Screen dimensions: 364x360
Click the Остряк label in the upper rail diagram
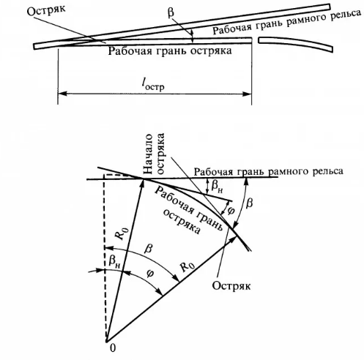click(46, 10)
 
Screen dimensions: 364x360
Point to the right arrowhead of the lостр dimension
click(246, 94)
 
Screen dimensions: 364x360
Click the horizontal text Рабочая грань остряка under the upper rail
click(170, 51)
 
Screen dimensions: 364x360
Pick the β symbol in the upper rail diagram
click(171, 12)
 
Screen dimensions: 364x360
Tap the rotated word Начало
click(148, 154)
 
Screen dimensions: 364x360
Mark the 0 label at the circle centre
click(113, 348)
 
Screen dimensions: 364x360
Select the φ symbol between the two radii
click(151, 274)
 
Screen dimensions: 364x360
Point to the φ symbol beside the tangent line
click(230, 210)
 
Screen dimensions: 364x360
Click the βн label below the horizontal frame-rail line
click(217, 187)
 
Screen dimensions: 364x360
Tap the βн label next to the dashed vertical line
click(114, 262)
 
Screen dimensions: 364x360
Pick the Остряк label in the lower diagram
click(231, 285)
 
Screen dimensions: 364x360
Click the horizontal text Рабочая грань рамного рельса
click(269, 171)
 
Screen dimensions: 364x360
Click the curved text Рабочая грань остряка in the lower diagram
click(189, 211)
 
